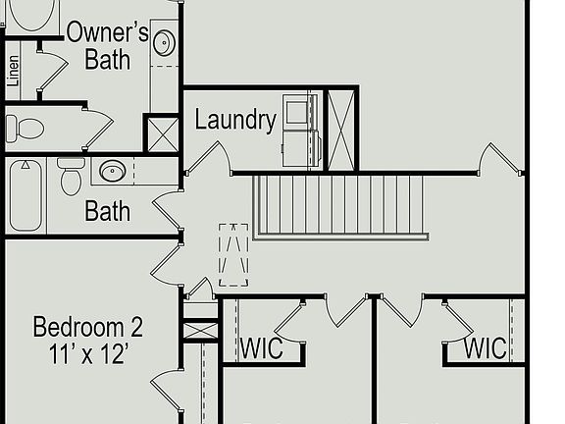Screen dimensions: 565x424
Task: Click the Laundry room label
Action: [x=235, y=120]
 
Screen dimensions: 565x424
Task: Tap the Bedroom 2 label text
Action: [x=88, y=327]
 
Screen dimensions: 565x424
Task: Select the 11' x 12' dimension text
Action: [x=88, y=354]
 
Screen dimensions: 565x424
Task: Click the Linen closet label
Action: [x=13, y=71]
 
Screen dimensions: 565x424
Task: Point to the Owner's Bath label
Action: [x=107, y=46]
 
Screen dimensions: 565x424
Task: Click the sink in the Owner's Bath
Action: [x=165, y=42]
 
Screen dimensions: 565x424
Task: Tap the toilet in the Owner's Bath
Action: [x=25, y=129]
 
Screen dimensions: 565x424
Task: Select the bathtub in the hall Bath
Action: [x=26, y=195]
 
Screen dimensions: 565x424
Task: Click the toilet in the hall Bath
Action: [x=71, y=177]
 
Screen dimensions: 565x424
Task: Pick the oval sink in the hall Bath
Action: [x=113, y=171]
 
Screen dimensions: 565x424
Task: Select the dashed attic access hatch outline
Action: [x=233, y=255]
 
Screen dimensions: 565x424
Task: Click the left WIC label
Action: [x=261, y=348]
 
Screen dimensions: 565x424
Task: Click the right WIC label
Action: [x=485, y=348]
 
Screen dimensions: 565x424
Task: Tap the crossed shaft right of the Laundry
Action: [x=341, y=131]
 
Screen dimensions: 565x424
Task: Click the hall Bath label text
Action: [x=107, y=211]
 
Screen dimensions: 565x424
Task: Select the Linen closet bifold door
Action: [x=53, y=71]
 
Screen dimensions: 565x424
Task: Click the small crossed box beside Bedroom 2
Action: [x=200, y=330]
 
